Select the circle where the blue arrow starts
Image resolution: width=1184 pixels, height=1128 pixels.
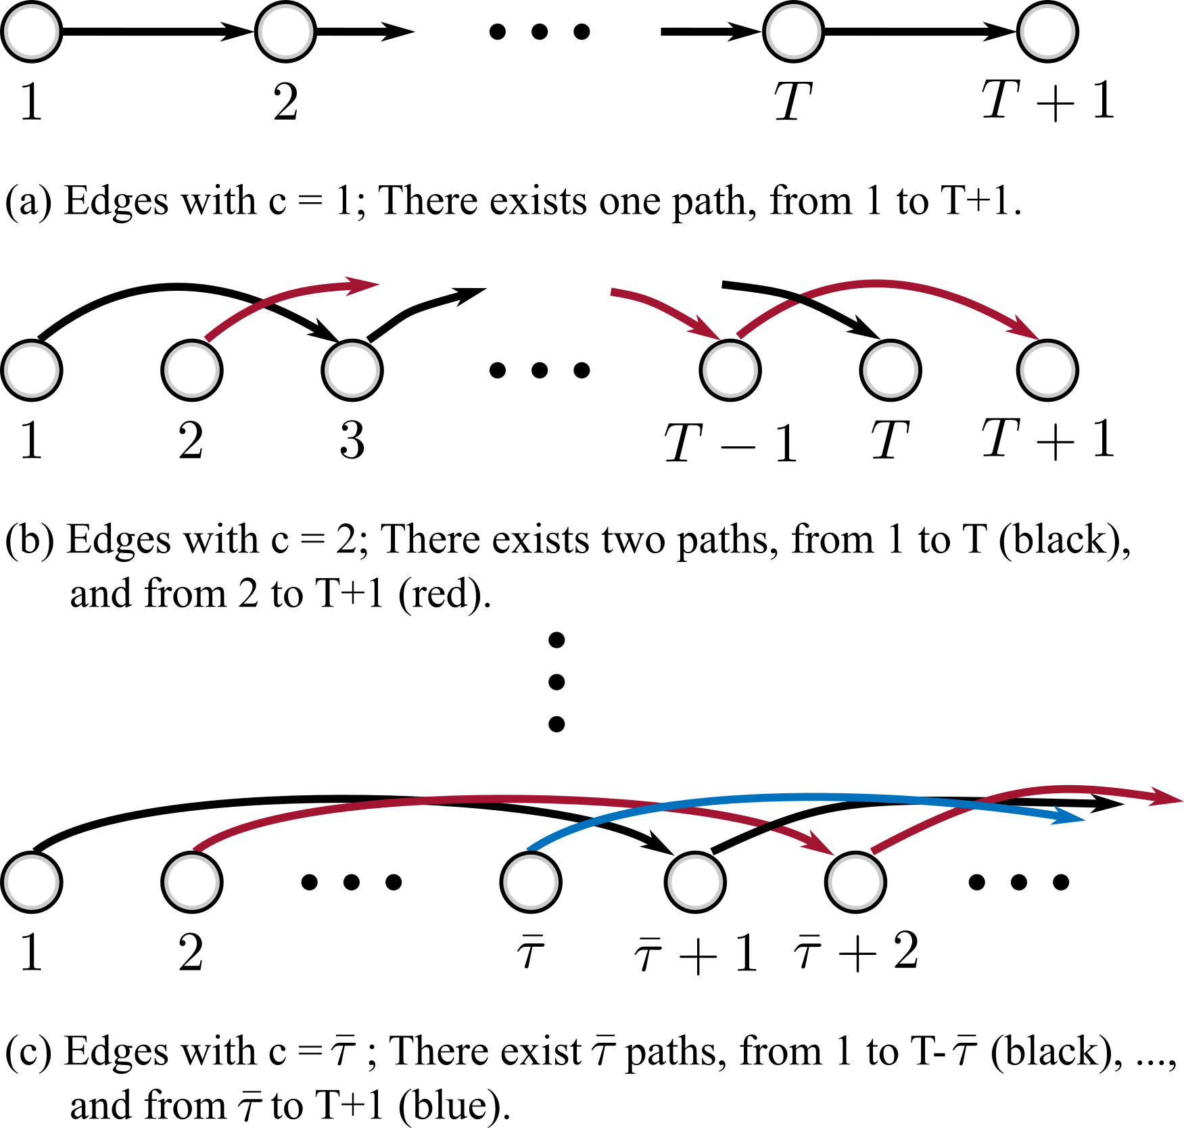[x=531, y=882]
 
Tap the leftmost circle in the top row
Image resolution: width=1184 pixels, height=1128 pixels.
[x=32, y=32]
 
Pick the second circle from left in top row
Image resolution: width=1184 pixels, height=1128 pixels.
[x=285, y=32]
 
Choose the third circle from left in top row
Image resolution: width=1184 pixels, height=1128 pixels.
[x=794, y=32]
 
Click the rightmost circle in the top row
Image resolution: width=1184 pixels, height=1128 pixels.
[x=1047, y=32]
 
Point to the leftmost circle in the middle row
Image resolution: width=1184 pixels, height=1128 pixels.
[x=32, y=370]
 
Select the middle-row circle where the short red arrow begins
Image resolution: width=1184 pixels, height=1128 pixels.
[x=192, y=370]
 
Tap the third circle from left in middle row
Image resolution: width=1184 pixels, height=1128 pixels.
[x=352, y=370]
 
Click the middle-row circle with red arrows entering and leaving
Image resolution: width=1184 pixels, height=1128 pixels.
[x=730, y=370]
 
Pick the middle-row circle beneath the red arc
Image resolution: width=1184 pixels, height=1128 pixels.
[x=891, y=370]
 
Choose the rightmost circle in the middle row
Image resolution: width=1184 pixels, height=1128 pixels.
[x=1047, y=370]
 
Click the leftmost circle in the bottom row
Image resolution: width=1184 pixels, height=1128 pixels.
[x=32, y=882]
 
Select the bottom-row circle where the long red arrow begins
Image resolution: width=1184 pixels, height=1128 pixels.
[x=192, y=882]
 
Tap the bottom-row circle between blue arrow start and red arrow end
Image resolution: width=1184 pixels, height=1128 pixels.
[x=695, y=882]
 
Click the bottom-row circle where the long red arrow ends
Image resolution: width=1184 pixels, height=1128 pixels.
[x=855, y=882]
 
